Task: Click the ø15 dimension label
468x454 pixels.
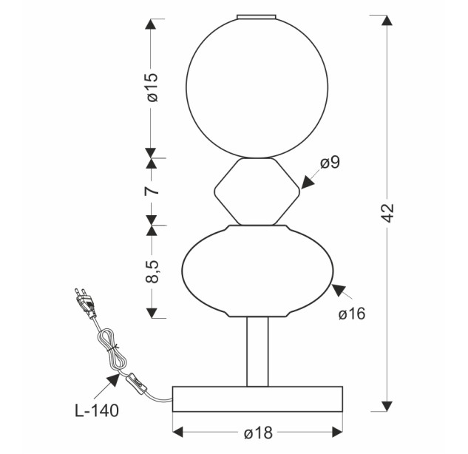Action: pyautogui.click(x=152, y=87)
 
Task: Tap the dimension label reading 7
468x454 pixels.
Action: pyautogui.click(x=152, y=191)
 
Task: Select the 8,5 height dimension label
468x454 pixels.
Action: pyautogui.click(x=152, y=271)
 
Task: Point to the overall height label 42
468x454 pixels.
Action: pyautogui.click(x=388, y=213)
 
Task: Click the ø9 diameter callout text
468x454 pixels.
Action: pyautogui.click(x=330, y=163)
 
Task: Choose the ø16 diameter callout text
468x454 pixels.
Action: pyautogui.click(x=352, y=314)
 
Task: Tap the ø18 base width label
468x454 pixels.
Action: pyautogui.click(x=259, y=433)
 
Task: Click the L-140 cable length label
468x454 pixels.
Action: pyautogui.click(x=97, y=410)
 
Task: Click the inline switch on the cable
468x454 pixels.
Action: pyautogui.click(x=136, y=384)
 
